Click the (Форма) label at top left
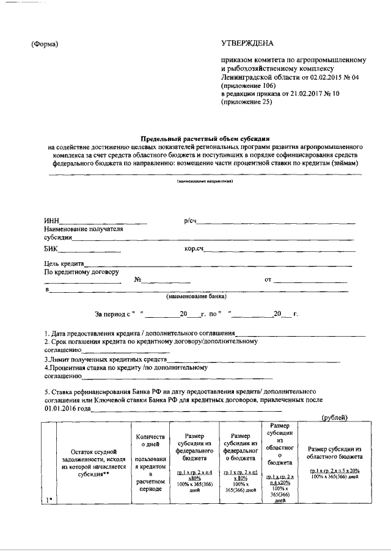coord(45,44)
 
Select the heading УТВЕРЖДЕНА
coord(247,43)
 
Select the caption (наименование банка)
coord(197,297)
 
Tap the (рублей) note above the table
coord(334,417)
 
